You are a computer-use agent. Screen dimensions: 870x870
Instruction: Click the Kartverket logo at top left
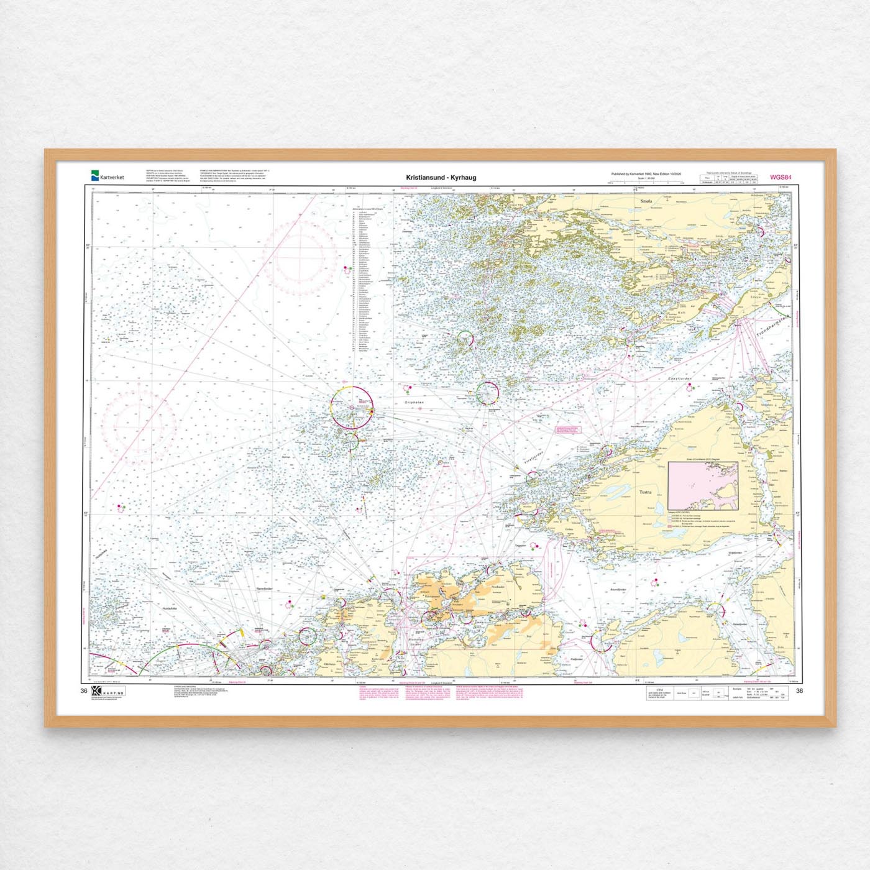(107, 176)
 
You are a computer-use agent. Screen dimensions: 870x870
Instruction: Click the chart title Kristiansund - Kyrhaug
(441, 177)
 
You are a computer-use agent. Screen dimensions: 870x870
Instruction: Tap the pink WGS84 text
(781, 177)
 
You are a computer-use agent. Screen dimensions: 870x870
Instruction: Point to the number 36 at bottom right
(799, 691)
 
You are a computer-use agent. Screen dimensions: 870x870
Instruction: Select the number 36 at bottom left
(83, 691)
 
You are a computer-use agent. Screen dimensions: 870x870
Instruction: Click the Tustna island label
(646, 492)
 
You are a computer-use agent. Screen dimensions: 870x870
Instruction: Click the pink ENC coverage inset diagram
(702, 485)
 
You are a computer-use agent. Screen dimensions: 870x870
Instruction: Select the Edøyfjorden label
(680, 378)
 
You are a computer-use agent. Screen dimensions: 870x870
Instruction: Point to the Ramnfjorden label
(264, 588)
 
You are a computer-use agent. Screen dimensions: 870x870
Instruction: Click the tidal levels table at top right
(728, 178)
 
